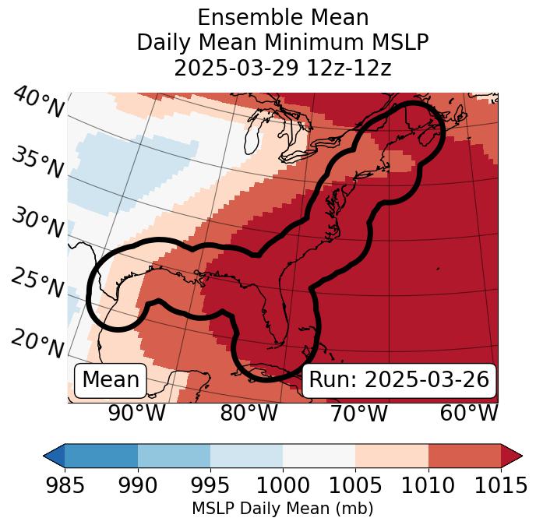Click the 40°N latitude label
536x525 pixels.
(x=37, y=103)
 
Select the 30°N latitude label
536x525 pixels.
(x=37, y=224)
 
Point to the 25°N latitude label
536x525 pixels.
(x=37, y=284)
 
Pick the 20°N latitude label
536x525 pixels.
(x=37, y=343)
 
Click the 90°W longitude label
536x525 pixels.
(x=137, y=414)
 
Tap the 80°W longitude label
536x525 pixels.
(x=249, y=414)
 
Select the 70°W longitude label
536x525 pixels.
(x=358, y=414)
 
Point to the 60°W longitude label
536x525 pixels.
(x=469, y=414)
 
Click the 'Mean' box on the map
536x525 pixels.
(x=111, y=380)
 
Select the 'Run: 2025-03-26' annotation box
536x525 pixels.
(x=399, y=380)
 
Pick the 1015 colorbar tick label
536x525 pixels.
(x=501, y=486)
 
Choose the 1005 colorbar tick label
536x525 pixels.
(x=355, y=486)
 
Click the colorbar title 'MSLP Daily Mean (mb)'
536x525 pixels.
(x=283, y=509)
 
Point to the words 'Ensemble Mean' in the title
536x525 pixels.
(x=283, y=17)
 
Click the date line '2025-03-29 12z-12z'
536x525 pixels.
(x=283, y=68)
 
